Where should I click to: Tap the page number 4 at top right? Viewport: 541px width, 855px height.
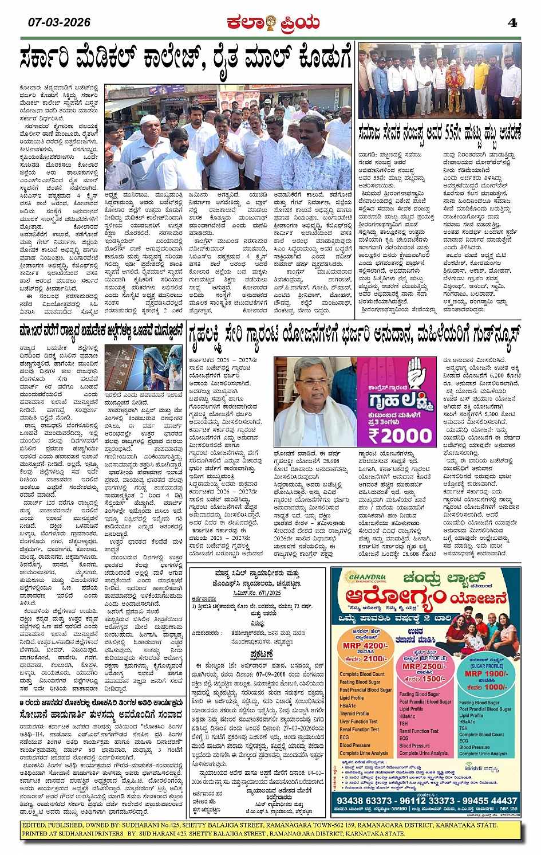pos(512,23)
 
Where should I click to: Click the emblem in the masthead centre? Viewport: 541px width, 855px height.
pos(271,23)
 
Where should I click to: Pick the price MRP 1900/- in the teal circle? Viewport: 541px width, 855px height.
pos(486,674)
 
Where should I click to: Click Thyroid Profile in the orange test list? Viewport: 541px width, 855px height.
pos(355,714)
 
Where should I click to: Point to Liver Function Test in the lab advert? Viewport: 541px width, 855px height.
pos(358,721)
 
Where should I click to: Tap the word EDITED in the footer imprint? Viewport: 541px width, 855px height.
pos(34,825)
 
